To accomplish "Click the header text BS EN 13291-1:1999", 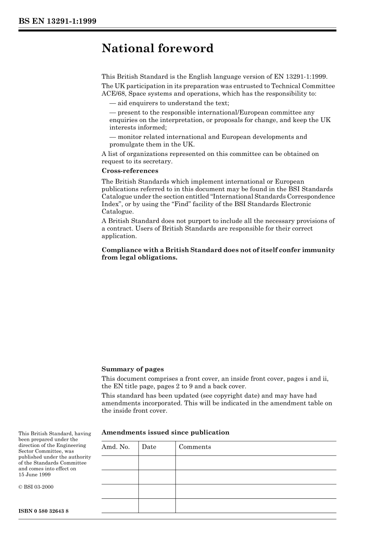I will tap(57, 21).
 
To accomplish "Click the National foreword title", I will tap(157, 49).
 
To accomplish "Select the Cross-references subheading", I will tap(129, 171).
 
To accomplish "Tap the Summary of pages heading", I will tap(132, 369).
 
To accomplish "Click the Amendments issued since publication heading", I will tap(165, 433).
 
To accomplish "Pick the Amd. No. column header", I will tap(116, 447).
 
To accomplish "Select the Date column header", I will tap(149, 447).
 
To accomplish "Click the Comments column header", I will tap(195, 447).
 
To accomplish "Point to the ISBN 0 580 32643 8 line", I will tap(43, 511).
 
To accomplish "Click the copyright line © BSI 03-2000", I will tap(36, 487).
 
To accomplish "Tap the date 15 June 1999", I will tap(34, 475).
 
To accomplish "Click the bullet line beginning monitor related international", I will tap(208, 137).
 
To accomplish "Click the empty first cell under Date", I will tap(157, 463).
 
